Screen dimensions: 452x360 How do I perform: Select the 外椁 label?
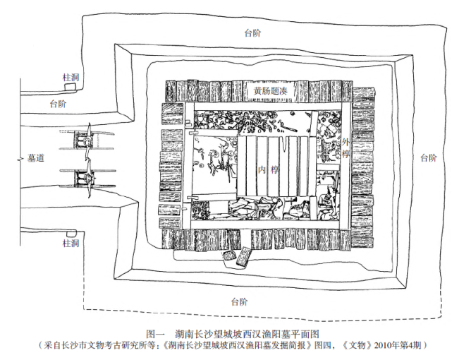click(345, 148)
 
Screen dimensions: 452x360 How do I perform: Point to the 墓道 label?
click(36, 159)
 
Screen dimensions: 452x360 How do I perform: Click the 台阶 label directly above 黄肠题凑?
click(253, 32)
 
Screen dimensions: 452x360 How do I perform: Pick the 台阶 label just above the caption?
click(239, 301)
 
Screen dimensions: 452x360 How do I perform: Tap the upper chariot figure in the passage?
click(89, 140)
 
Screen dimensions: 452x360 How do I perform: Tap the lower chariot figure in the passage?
click(89, 179)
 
